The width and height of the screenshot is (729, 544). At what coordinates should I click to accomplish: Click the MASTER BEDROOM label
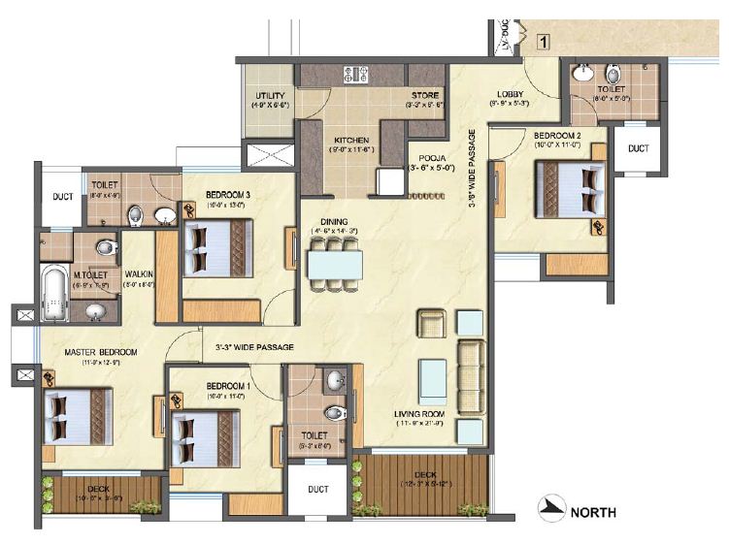coord(101,351)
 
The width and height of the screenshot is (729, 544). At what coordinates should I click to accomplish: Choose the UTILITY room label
coord(269,97)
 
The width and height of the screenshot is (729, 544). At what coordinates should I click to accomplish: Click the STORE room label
coord(426,95)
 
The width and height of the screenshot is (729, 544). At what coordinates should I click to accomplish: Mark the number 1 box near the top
coord(545,42)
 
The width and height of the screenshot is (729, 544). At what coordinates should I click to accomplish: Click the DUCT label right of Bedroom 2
coord(637,148)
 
